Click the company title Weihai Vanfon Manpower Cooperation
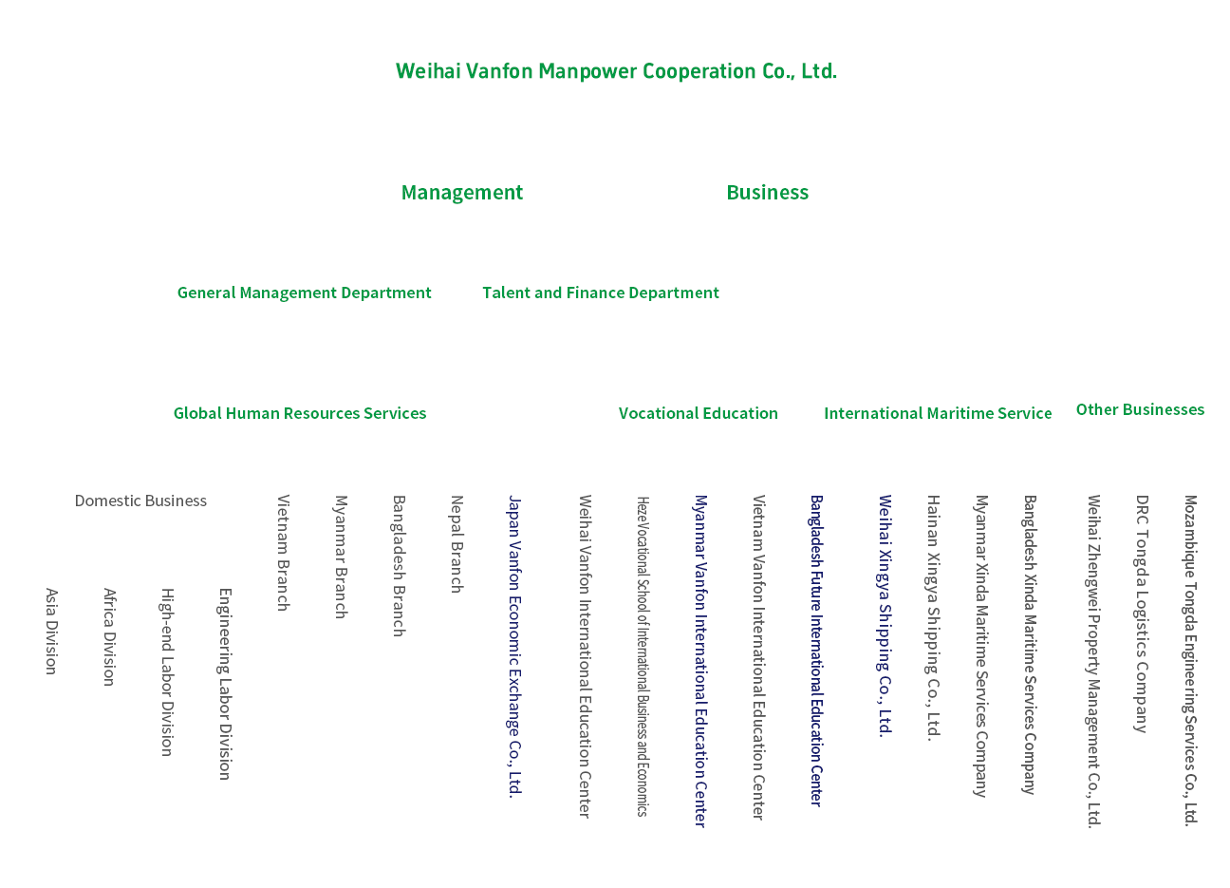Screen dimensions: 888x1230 (616, 71)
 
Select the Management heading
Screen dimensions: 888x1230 (461, 193)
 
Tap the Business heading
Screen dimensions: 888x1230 (767, 193)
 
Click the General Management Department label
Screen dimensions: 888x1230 (304, 293)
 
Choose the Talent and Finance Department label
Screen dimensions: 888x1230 (600, 293)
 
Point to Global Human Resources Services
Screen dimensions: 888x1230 (299, 413)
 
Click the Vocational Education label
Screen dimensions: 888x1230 (698, 413)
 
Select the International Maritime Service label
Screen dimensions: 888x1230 (937, 413)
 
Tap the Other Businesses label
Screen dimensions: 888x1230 (1140, 409)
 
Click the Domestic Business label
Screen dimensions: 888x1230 (140, 501)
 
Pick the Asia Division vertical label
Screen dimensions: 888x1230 (51, 631)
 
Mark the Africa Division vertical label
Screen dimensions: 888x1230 (109, 636)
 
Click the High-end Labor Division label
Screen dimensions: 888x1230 (167, 671)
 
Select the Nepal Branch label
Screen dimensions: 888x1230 (457, 543)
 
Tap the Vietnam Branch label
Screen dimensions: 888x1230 (283, 552)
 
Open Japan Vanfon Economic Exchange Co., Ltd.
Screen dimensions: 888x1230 (514, 646)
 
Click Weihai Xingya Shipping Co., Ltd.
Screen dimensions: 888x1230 (885, 614)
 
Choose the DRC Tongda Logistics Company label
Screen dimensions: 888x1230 (1142, 613)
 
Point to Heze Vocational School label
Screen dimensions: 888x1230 (643, 655)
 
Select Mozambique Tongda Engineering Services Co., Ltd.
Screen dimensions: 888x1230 (1190, 660)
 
